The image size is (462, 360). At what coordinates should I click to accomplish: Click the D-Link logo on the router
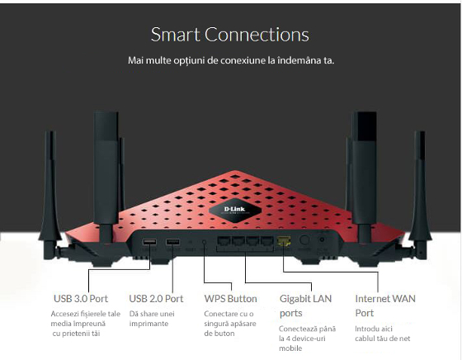pyautogui.click(x=235, y=211)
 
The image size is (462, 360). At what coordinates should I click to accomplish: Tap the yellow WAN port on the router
pyautogui.click(x=284, y=241)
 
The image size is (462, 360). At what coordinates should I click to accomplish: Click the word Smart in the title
pyautogui.click(x=176, y=35)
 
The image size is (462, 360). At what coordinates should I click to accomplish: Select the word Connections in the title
pyautogui.click(x=257, y=35)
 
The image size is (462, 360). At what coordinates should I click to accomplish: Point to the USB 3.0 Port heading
pyautogui.click(x=81, y=299)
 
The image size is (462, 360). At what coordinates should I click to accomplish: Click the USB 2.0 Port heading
pyautogui.click(x=156, y=299)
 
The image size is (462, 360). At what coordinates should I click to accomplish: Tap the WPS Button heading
pyautogui.click(x=230, y=299)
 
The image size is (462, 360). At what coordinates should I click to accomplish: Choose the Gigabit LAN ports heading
pyautogui.click(x=305, y=306)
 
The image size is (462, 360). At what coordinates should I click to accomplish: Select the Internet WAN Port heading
pyautogui.click(x=385, y=306)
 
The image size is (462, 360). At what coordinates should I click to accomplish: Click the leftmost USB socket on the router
pyautogui.click(x=149, y=242)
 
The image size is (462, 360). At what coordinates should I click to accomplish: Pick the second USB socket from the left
pyautogui.click(x=172, y=242)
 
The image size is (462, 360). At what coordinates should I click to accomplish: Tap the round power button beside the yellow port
pyautogui.click(x=304, y=240)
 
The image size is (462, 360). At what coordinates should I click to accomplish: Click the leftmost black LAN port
pyautogui.click(x=224, y=241)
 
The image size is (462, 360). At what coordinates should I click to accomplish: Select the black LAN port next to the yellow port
pyautogui.click(x=267, y=241)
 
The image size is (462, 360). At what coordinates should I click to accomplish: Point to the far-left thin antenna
pyautogui.click(x=50, y=195)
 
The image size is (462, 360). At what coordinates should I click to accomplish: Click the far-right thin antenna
pyautogui.click(x=420, y=195)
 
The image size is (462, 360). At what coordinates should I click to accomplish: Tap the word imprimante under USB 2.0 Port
pyautogui.click(x=148, y=324)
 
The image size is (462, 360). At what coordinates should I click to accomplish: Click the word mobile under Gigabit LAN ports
pyautogui.click(x=290, y=348)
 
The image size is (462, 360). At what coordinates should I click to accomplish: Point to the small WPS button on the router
pyautogui.click(x=204, y=242)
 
